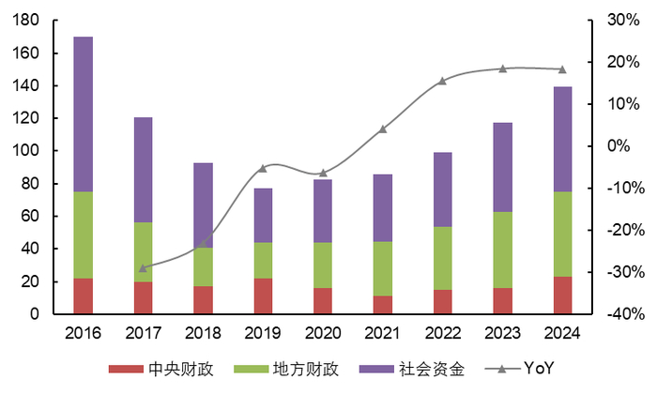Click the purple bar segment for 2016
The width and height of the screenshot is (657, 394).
point(83,114)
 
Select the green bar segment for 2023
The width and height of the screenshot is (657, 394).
point(502,250)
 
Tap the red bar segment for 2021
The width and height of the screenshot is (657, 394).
point(382,305)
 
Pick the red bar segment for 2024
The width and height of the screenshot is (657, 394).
point(562,295)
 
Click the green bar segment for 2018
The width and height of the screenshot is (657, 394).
point(203,267)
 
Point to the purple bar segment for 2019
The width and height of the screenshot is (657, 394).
point(263,216)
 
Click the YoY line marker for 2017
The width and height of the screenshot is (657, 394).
point(143,267)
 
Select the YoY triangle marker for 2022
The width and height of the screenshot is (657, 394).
point(442,81)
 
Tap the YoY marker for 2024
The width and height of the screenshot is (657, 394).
point(562,69)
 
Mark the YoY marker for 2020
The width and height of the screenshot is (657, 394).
point(323,173)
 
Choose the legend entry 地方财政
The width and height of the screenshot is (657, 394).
point(286,369)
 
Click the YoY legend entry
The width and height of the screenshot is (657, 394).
point(526,369)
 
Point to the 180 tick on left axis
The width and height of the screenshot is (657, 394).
point(26,21)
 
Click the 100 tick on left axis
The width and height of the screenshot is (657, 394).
point(26,151)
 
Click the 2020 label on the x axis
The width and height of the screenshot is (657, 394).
point(323,333)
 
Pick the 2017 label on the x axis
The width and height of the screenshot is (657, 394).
point(143,333)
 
